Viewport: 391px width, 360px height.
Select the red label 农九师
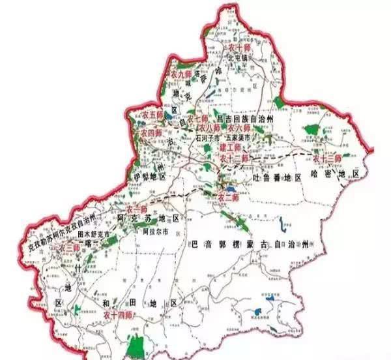click(x=180, y=75)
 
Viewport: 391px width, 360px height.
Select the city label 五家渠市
click(x=238, y=139)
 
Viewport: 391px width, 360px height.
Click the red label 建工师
click(x=232, y=148)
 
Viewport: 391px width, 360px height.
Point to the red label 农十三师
click(x=328, y=158)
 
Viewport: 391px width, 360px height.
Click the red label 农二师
click(x=228, y=196)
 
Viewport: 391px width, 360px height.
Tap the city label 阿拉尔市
click(x=155, y=231)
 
